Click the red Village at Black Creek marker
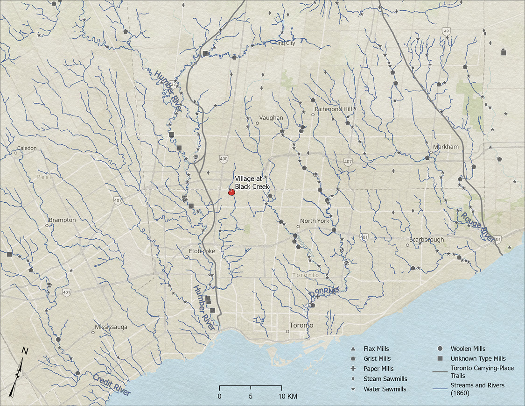click(231, 192)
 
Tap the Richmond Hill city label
click(333, 109)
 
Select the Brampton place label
click(62, 220)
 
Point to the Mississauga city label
click(111, 327)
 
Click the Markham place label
click(446, 147)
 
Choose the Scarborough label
click(427, 240)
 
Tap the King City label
click(285, 43)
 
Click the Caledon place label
click(27, 148)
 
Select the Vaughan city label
click(272, 118)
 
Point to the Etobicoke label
click(202, 251)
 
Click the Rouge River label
click(476, 227)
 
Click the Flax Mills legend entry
click(376, 349)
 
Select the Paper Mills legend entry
click(378, 369)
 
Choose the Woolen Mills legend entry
click(468, 349)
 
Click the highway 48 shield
click(447, 31)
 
